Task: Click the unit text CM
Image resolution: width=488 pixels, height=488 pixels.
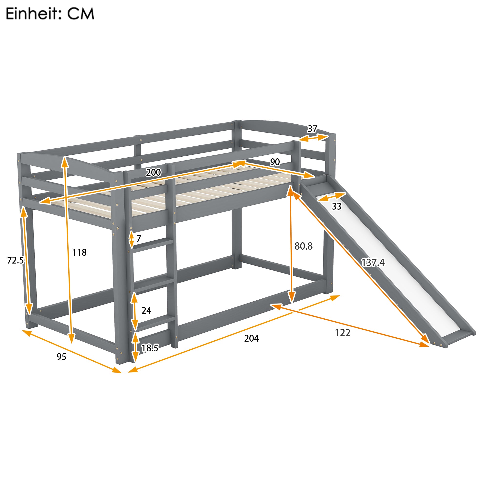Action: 81,14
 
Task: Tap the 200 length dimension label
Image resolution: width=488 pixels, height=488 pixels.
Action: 153,172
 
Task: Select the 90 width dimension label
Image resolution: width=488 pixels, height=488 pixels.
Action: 275,162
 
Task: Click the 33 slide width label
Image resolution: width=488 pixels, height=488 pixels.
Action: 336,206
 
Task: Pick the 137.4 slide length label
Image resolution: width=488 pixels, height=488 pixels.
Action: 373,263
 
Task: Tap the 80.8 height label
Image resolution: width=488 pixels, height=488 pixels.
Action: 303,246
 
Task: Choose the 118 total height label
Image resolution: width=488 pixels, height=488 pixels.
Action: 79,252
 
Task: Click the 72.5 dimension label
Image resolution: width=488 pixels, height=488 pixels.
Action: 15,260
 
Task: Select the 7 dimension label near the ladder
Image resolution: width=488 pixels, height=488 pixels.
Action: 139,238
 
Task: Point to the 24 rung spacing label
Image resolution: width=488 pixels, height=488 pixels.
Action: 146,310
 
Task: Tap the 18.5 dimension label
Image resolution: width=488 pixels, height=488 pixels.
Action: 150,348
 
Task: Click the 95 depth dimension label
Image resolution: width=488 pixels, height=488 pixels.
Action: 61,357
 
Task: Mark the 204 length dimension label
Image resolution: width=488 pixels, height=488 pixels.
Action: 251,338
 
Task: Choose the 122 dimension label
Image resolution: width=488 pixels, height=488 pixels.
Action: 343,333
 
